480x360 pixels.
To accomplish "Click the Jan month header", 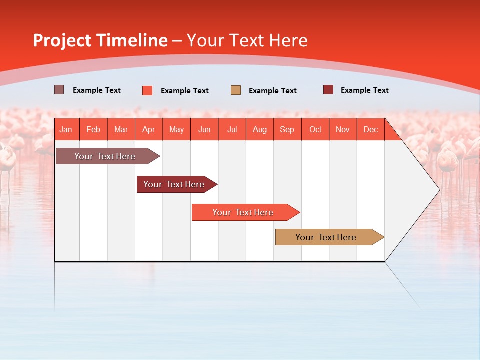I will (66, 129).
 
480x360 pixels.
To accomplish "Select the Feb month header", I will (93, 129).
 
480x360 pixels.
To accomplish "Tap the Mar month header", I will (121, 129).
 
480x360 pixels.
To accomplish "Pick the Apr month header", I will (149, 129).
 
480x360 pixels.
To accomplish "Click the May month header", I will (176, 129).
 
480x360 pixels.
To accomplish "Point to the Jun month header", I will (204, 129).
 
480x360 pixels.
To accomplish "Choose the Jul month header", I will (232, 129).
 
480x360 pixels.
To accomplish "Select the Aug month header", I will (260, 129).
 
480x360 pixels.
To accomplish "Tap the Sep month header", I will (287, 129).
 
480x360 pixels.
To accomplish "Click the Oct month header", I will (315, 129).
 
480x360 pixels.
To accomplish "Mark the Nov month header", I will (343, 129).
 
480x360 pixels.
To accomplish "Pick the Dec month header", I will (371, 129).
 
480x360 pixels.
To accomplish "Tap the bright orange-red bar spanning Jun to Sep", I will (243, 212).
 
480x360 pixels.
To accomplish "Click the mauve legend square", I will (59, 90).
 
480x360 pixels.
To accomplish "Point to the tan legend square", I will (236, 90).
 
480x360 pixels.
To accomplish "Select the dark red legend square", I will (328, 90).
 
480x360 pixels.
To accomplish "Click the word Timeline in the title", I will (132, 40).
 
